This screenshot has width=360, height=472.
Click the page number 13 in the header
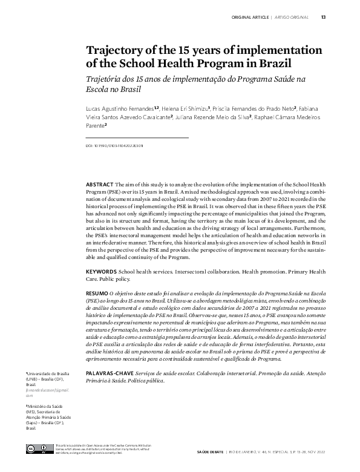324,17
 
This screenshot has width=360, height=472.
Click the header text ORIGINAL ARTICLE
252,17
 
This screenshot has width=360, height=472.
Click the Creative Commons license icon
37,448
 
